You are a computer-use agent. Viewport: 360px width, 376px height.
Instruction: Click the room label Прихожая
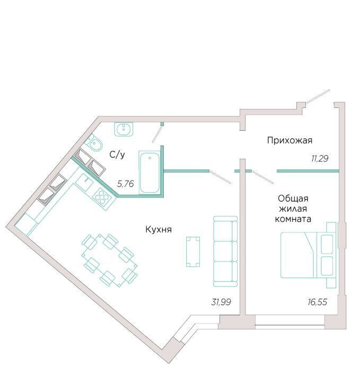(289, 140)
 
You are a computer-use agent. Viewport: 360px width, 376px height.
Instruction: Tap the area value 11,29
(320, 158)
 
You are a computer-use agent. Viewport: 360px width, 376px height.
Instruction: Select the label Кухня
(159, 229)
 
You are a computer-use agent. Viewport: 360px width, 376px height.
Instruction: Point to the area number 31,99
(221, 302)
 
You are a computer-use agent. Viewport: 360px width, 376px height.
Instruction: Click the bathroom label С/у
(117, 155)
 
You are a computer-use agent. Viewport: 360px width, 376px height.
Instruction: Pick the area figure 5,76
(125, 184)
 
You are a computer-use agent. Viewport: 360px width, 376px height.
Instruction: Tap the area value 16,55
(317, 302)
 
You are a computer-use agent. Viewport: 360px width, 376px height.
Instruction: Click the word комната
(293, 219)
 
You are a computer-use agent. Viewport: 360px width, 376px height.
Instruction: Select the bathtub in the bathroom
(150, 173)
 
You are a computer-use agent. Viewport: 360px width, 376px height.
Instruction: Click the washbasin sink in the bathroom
(124, 129)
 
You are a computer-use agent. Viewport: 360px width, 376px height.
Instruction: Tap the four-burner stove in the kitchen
(102, 196)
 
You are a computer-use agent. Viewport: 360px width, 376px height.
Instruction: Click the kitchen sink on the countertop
(84, 183)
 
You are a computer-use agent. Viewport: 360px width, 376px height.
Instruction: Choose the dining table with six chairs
(109, 260)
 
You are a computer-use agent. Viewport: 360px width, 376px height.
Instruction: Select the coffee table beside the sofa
(193, 252)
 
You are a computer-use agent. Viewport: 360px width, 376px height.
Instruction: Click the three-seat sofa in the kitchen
(225, 252)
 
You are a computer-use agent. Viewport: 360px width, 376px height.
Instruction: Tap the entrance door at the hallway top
(319, 96)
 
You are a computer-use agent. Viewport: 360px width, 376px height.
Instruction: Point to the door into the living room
(264, 177)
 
